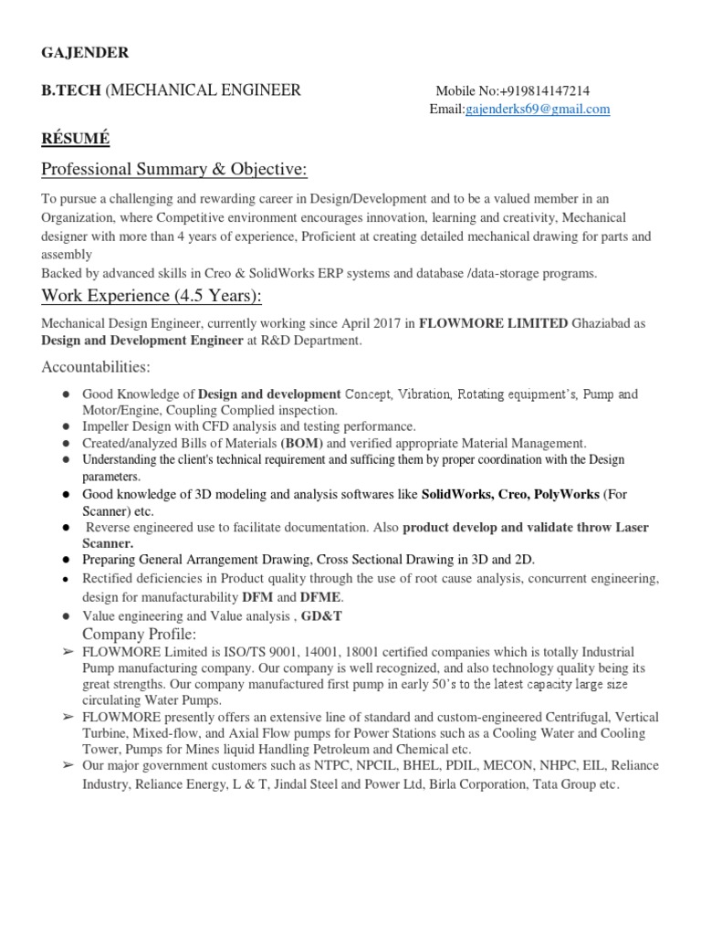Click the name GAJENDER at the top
pyautogui.click(x=86, y=53)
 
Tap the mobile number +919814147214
pyautogui.click(x=545, y=91)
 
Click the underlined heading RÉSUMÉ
pyautogui.click(x=76, y=139)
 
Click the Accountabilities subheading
pyautogui.click(x=96, y=367)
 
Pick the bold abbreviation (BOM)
pyautogui.click(x=301, y=443)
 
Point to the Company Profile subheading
pyautogui.click(x=140, y=634)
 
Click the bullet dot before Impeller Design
pyautogui.click(x=68, y=426)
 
